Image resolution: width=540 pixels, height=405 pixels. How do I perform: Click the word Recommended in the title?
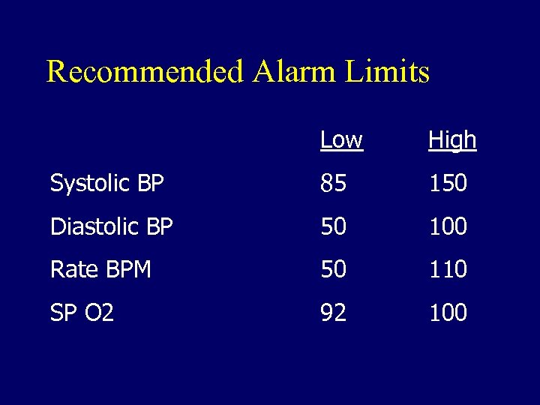(145, 72)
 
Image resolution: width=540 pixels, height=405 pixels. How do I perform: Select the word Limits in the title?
(388, 72)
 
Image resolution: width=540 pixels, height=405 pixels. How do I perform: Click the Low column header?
(341, 139)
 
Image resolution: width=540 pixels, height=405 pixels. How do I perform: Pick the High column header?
(452, 139)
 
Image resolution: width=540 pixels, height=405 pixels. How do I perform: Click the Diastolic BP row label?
(111, 226)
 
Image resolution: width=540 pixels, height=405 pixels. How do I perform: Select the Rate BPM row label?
(100, 269)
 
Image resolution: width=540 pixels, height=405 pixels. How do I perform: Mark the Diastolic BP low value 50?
(333, 226)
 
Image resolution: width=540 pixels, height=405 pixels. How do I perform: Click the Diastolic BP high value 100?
(448, 226)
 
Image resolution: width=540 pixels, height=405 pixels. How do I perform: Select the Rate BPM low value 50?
(333, 269)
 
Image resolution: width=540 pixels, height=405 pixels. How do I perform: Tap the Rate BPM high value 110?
(448, 269)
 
